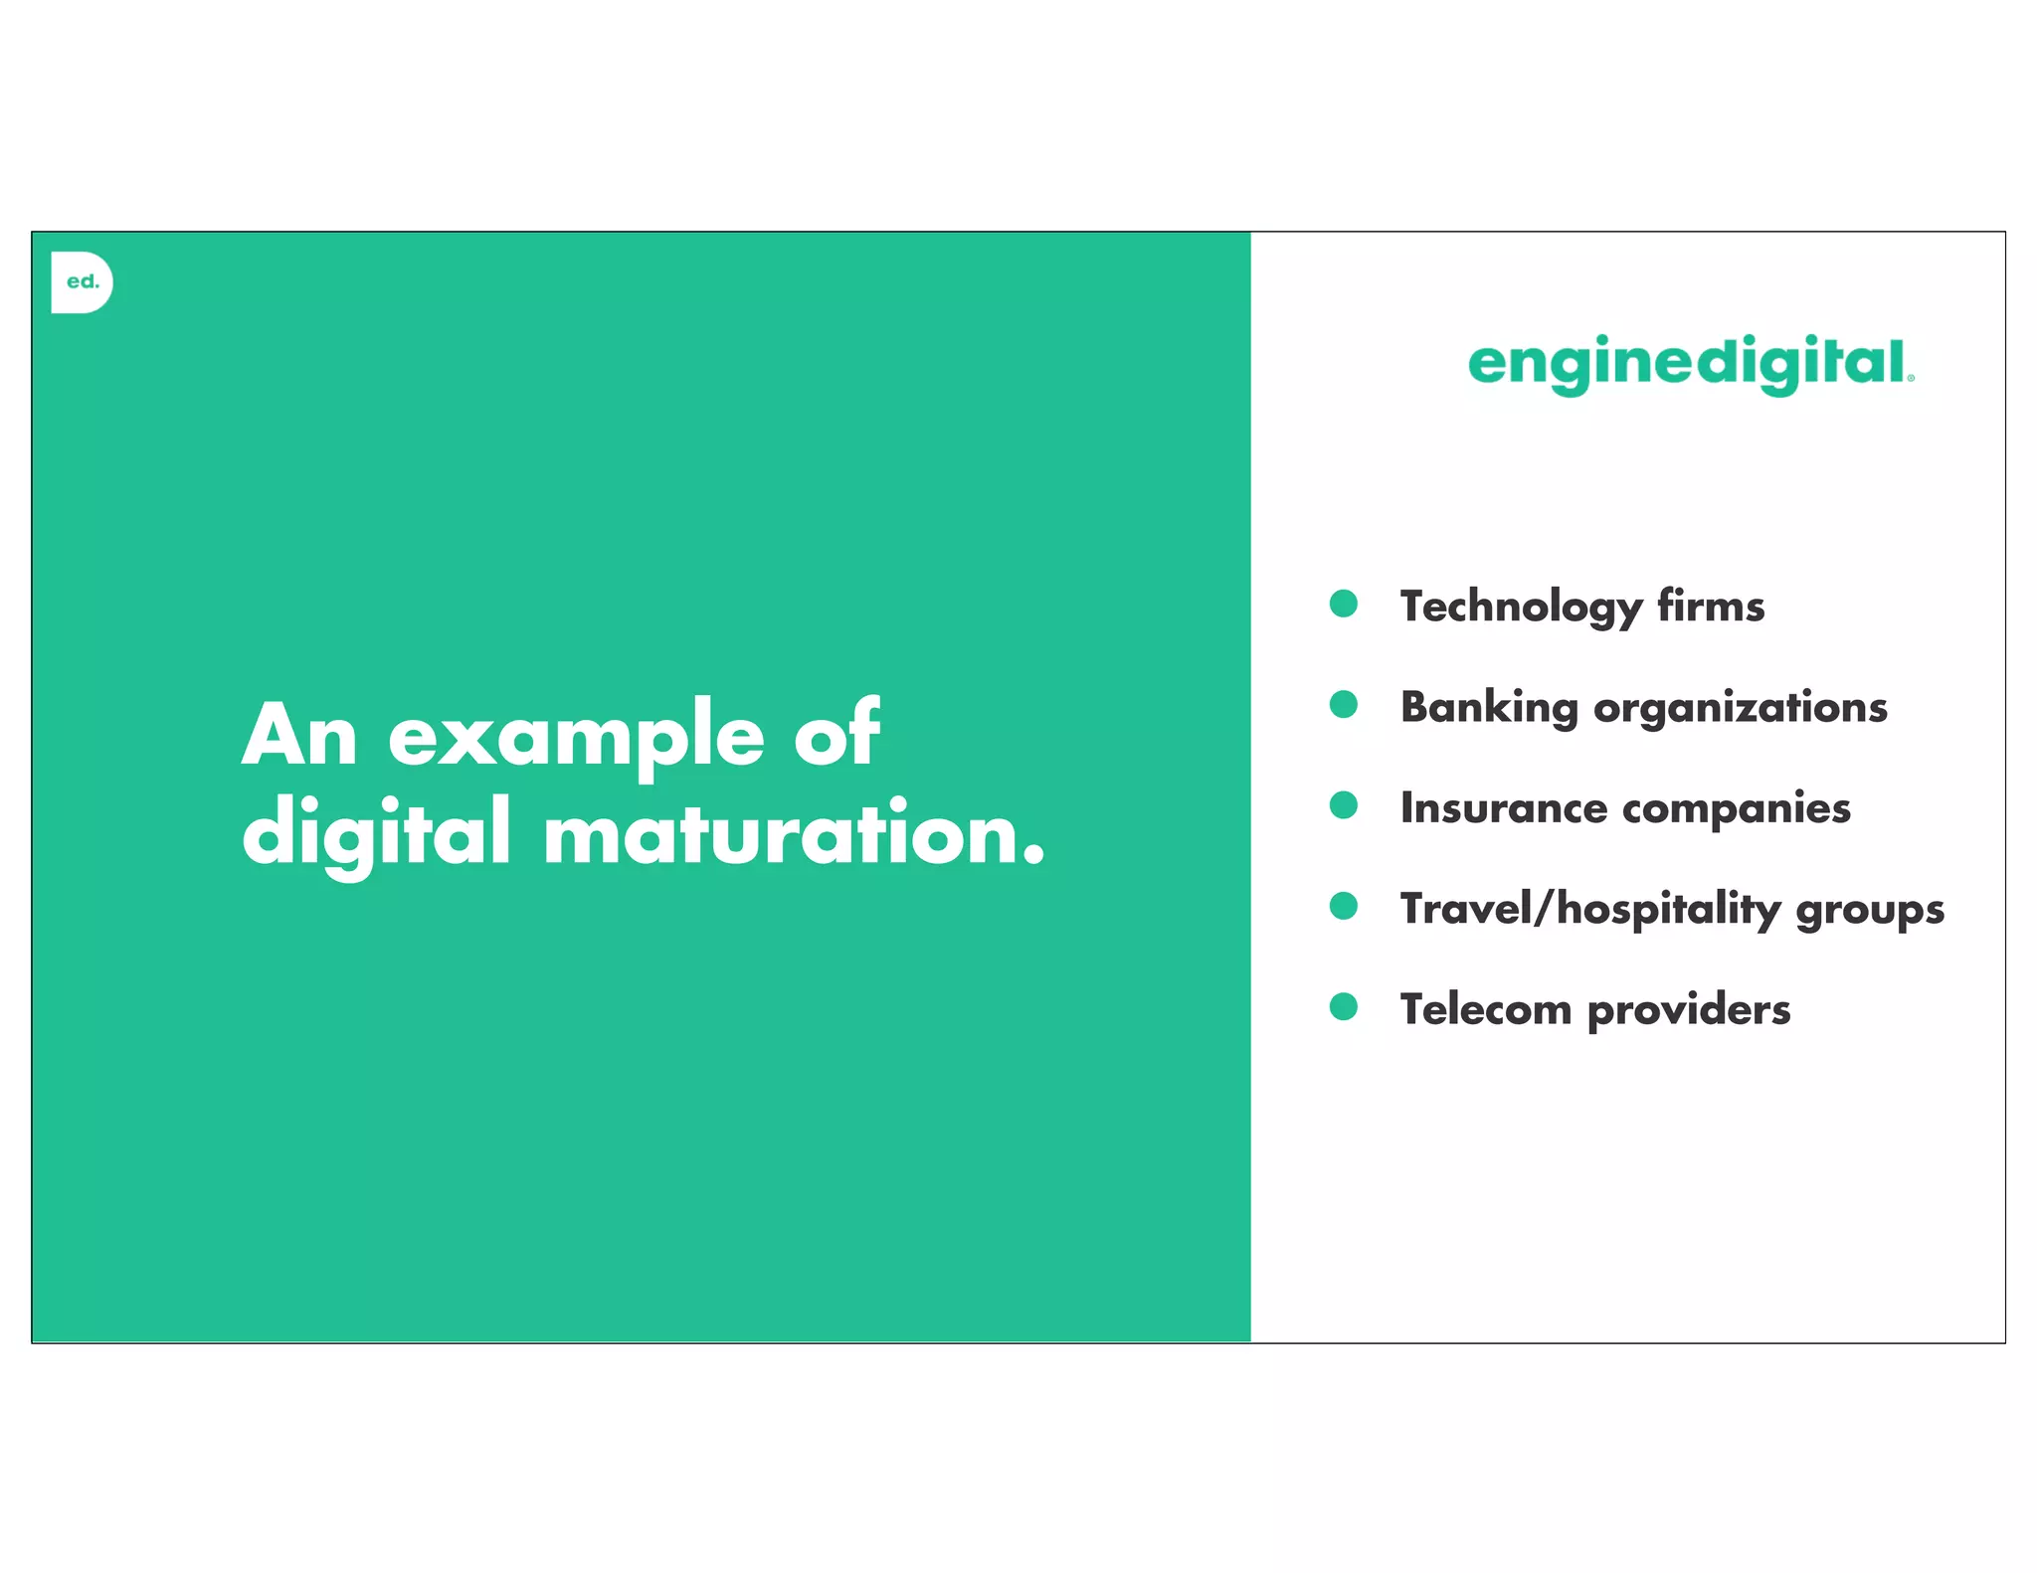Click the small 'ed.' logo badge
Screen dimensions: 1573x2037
pyautogui.click(x=82, y=282)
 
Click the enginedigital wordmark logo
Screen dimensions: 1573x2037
pyautogui.click(x=1690, y=364)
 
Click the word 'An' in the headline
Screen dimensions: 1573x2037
pyautogui.click(x=299, y=736)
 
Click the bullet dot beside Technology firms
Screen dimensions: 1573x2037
pyautogui.click(x=1344, y=604)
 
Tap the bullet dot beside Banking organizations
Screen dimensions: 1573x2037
pyautogui.click(x=1344, y=705)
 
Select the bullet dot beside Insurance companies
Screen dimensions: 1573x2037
pyautogui.click(x=1344, y=805)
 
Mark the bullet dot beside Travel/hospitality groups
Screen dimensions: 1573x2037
pyautogui.click(x=1344, y=906)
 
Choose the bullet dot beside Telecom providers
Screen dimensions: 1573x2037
pyautogui.click(x=1344, y=1007)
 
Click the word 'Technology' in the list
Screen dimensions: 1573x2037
pyautogui.click(x=1521, y=608)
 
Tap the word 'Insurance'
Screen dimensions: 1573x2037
pyautogui.click(x=1503, y=808)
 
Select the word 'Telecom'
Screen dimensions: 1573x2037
pyautogui.click(x=1485, y=1010)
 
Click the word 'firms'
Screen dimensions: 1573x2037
pyautogui.click(x=1711, y=607)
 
